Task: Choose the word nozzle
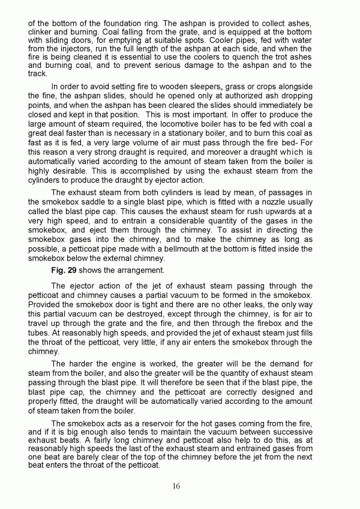pos(289,201)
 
